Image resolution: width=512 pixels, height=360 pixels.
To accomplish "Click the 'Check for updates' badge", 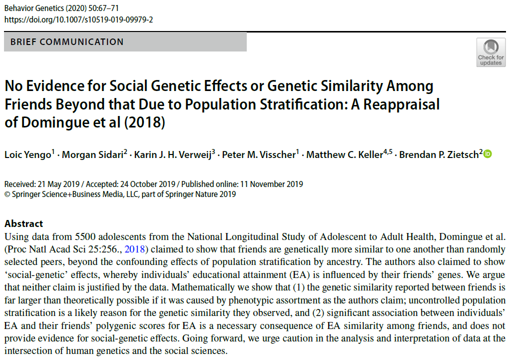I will [491, 52].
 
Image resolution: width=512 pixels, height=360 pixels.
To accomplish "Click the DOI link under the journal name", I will [79, 19].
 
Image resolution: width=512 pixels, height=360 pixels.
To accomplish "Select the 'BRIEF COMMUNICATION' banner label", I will [66, 42].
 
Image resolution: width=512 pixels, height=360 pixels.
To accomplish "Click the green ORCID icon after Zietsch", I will [488, 154].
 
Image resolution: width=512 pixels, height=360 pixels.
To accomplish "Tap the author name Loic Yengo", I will [26, 155].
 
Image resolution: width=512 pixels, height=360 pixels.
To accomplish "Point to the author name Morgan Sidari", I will [88, 155].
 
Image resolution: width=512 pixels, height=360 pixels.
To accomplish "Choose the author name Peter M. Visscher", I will [259, 155].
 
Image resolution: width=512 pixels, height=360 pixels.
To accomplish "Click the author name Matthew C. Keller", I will [344, 155].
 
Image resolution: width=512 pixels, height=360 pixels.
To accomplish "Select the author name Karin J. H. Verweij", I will [171, 155].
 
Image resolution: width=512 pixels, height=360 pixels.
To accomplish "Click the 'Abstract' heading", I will [23, 223].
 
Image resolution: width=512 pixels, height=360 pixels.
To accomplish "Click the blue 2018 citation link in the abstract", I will [133, 248].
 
